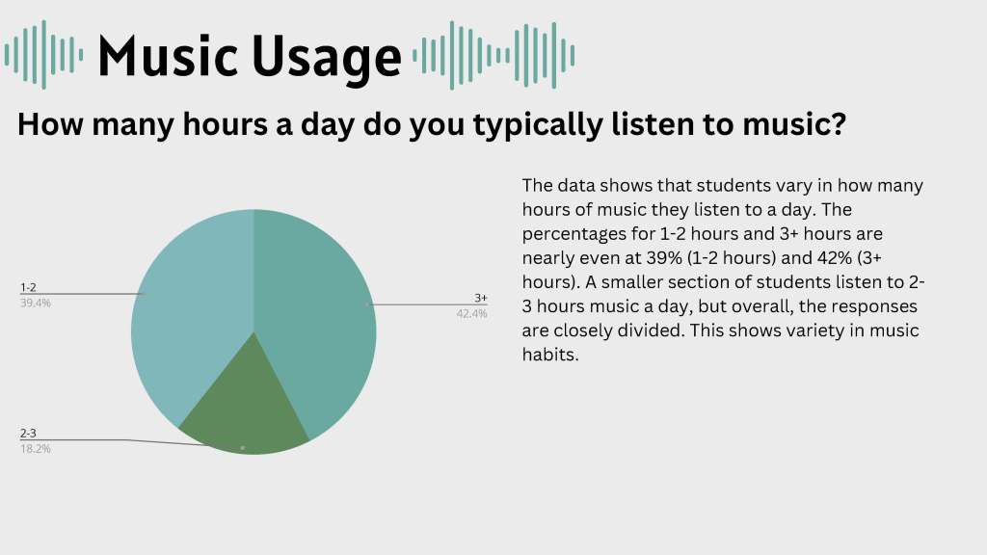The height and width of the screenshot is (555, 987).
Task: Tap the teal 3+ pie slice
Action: [x=315, y=315]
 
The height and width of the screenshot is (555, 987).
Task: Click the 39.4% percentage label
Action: [x=36, y=304]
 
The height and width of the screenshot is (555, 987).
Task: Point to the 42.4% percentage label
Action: [x=472, y=313]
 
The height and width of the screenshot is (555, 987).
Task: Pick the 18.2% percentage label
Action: [x=36, y=449]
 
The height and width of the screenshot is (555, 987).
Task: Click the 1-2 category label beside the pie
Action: [x=28, y=287]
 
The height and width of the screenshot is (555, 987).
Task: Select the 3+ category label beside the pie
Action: [x=481, y=298]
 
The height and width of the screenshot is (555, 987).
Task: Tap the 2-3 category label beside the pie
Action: [x=28, y=434]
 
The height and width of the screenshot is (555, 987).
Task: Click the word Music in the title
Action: [x=168, y=56]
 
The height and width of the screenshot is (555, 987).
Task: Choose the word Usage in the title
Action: [x=327, y=59]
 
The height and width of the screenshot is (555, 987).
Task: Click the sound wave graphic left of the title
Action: [x=43, y=55]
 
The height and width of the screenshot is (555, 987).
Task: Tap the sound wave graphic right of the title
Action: [x=493, y=55]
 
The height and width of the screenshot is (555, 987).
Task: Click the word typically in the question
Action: [x=538, y=124]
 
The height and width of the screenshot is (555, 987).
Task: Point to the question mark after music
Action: [x=840, y=122]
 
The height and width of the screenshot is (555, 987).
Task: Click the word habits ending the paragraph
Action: [x=550, y=355]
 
